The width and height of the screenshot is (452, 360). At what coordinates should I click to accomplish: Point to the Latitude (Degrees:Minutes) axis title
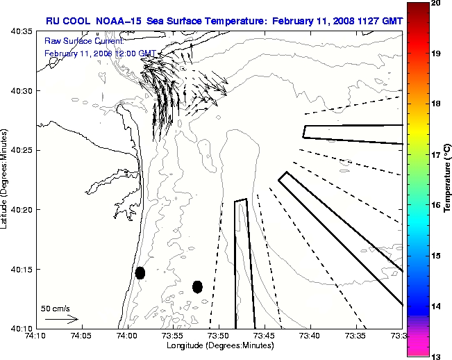[x=6, y=179]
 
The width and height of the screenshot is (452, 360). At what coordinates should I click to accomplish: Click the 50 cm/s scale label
[x=56, y=308]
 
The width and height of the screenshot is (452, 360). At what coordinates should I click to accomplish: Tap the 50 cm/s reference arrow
[x=61, y=319]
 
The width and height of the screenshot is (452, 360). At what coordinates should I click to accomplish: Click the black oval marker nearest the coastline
[x=140, y=272]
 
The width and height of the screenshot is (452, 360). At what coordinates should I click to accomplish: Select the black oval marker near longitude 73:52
[x=197, y=286]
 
